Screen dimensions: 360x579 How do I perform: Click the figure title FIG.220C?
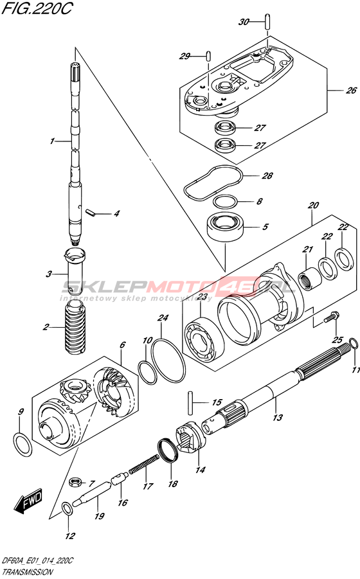36,8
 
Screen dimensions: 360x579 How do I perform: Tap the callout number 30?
244,22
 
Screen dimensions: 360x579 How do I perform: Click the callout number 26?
351,90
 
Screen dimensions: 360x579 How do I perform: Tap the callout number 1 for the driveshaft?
53,141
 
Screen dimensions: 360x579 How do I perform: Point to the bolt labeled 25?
331,317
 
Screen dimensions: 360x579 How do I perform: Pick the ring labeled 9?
22,445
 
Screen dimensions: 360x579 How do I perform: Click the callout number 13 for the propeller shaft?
278,417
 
